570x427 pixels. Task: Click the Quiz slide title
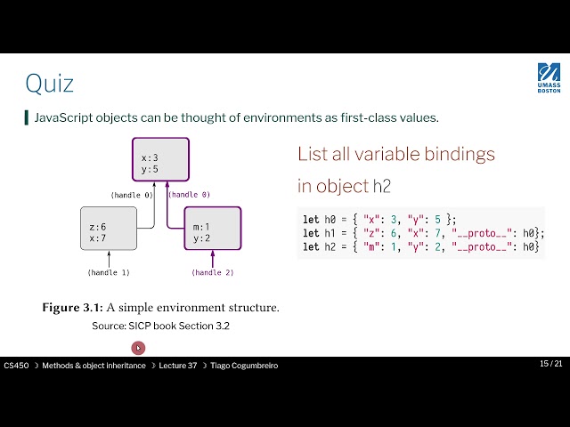tap(49, 84)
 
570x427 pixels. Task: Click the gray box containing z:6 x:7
tap(108, 229)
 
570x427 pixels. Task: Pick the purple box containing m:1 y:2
tap(212, 229)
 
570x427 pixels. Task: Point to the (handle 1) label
tap(108, 272)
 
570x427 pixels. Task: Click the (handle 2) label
tap(213, 272)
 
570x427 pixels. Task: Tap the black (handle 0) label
tap(132, 194)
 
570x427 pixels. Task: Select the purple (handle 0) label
tap(190, 194)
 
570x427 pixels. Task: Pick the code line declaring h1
tap(418, 233)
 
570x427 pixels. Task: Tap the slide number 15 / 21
tap(550, 364)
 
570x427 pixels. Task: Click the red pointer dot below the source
tap(138, 348)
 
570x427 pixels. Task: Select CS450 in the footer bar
tap(15, 366)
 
